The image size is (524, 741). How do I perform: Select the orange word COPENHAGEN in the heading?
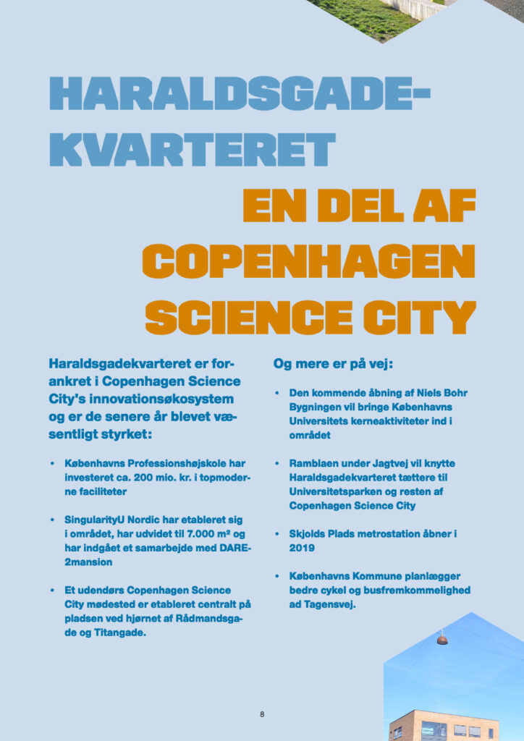pyautogui.click(x=308, y=261)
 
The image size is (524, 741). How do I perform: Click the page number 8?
pyautogui.click(x=262, y=714)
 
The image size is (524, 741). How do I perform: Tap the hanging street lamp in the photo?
pyautogui.click(x=442, y=640)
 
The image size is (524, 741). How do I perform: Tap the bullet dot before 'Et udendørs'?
pyautogui.click(x=52, y=591)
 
